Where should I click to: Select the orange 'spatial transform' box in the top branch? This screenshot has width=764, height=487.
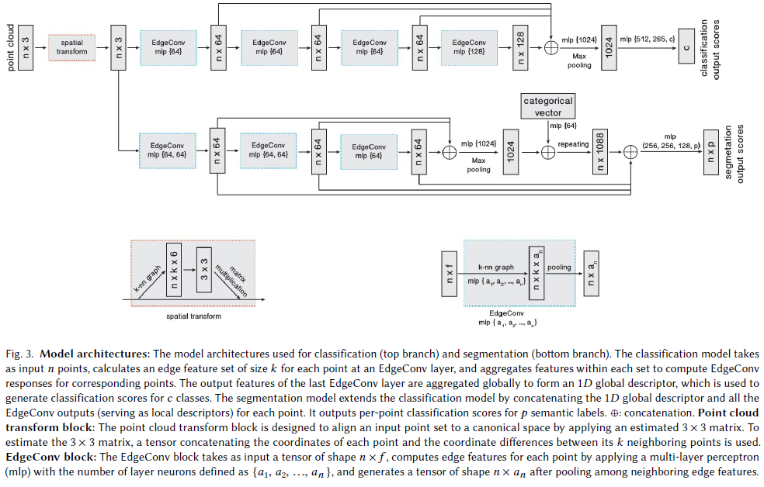coord(71,47)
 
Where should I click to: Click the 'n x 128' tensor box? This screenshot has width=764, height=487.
coord(521,47)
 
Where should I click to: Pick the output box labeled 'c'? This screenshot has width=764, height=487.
coord(685,47)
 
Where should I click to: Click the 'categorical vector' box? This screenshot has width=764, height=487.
coord(548,106)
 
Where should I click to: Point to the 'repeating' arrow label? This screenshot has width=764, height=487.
coord(573,143)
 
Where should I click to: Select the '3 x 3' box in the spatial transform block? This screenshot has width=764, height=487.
coord(205,271)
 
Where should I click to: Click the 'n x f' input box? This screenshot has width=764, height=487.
coord(448,273)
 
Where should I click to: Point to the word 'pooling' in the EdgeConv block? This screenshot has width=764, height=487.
coord(559,268)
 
